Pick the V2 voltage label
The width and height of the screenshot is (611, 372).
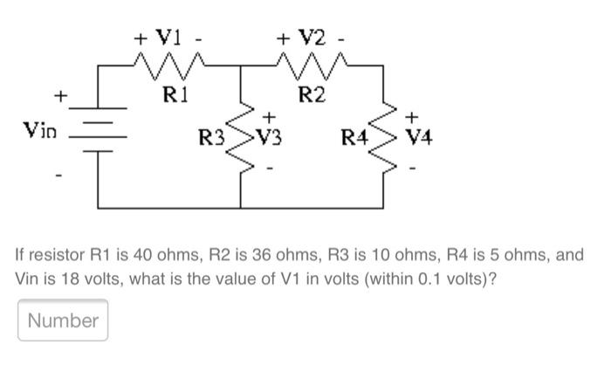point(311,38)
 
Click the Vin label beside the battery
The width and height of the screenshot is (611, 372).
point(40,131)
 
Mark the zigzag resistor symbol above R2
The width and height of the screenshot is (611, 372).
point(312,64)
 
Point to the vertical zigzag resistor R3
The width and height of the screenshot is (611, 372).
point(241,136)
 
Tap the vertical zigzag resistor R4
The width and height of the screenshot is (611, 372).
point(387,136)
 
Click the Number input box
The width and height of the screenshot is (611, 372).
point(63,320)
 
